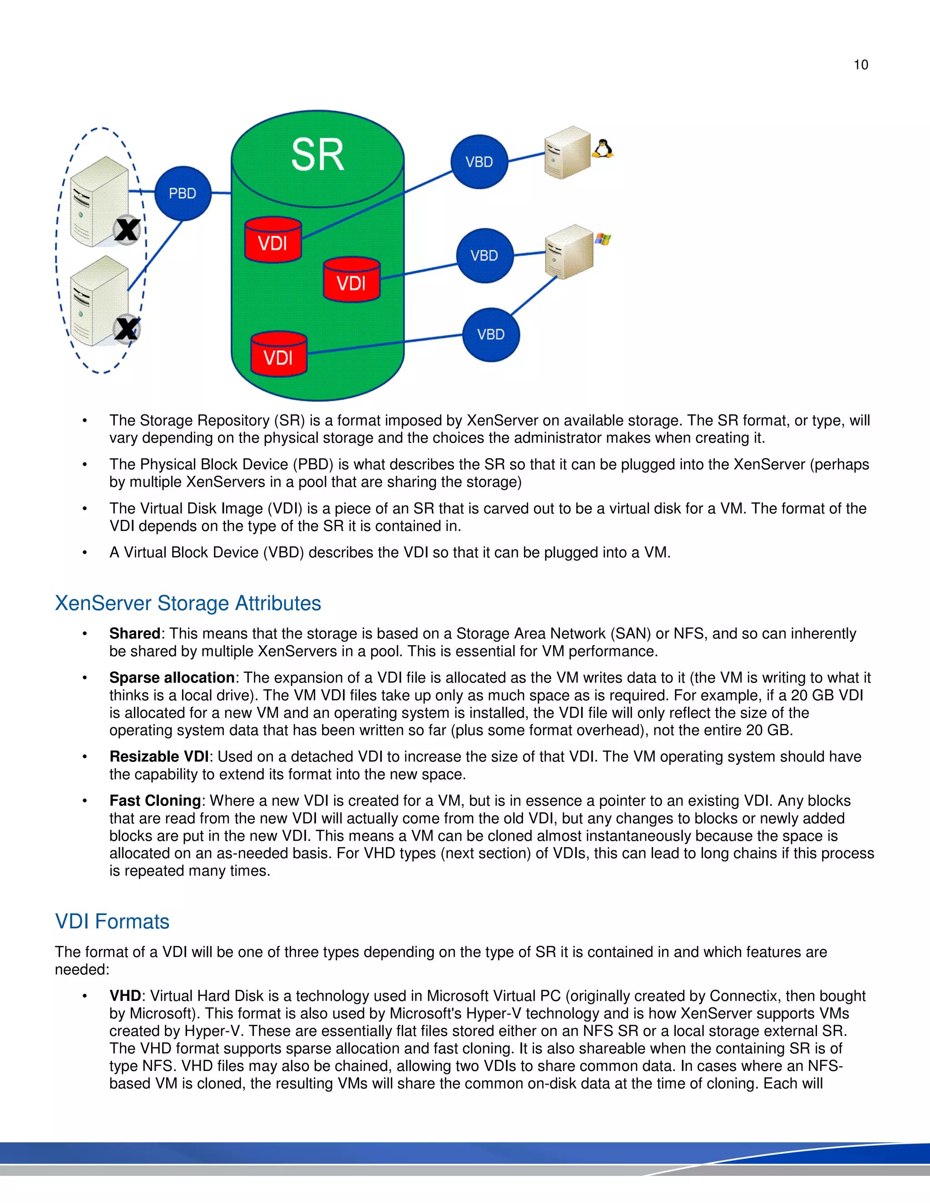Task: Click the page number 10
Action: (861, 65)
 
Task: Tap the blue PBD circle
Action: (183, 193)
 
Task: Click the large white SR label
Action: (317, 155)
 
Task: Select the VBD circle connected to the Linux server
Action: (479, 162)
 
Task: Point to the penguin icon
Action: (603, 149)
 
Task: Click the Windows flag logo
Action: (603, 239)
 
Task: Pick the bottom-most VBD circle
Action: (490, 335)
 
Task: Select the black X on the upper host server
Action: (127, 229)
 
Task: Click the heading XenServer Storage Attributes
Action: (188, 603)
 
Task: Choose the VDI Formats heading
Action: (113, 922)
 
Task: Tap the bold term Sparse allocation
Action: (172, 677)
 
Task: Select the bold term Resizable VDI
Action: (158, 756)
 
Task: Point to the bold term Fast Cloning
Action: (155, 800)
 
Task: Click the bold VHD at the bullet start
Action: (125, 996)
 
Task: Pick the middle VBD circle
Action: (484, 256)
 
